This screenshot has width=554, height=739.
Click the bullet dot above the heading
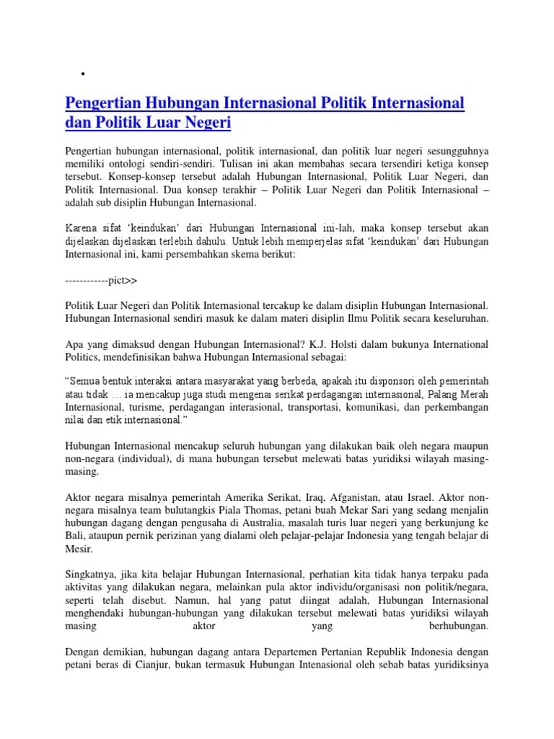pyautogui.click(x=84, y=74)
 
